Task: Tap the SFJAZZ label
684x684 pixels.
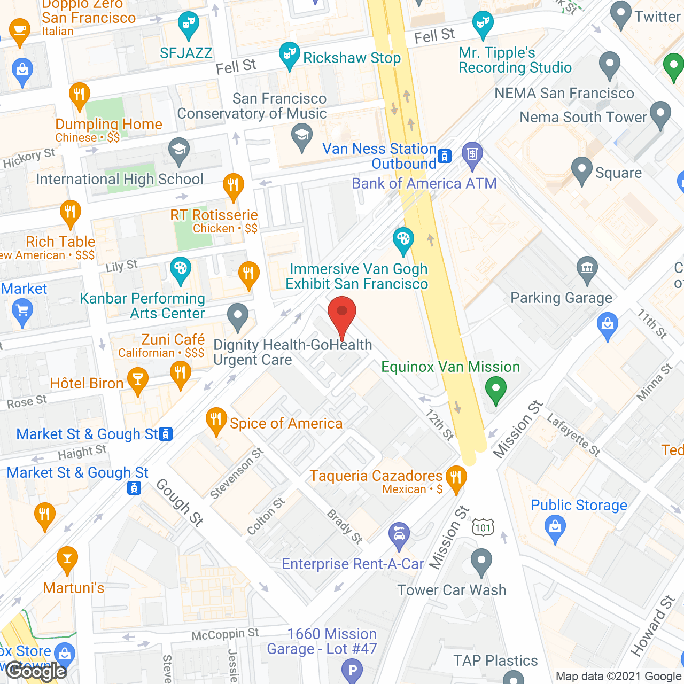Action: click(186, 53)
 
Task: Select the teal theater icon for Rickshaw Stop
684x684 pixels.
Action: click(289, 56)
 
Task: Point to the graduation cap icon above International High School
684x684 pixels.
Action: click(179, 151)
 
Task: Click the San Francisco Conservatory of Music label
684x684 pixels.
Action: click(252, 106)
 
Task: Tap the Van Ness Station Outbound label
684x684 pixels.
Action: click(380, 156)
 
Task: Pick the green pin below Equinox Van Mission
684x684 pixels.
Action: click(495, 390)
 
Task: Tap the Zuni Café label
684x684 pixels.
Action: click(173, 339)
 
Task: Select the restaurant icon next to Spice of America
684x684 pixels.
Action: click(216, 421)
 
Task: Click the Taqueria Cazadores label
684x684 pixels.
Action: click(376, 476)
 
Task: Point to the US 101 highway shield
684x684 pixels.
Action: click(483, 528)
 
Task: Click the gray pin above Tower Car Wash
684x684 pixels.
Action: click(481, 562)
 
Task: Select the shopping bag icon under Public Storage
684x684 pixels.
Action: click(555, 528)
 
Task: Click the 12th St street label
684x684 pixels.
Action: click(440, 425)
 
